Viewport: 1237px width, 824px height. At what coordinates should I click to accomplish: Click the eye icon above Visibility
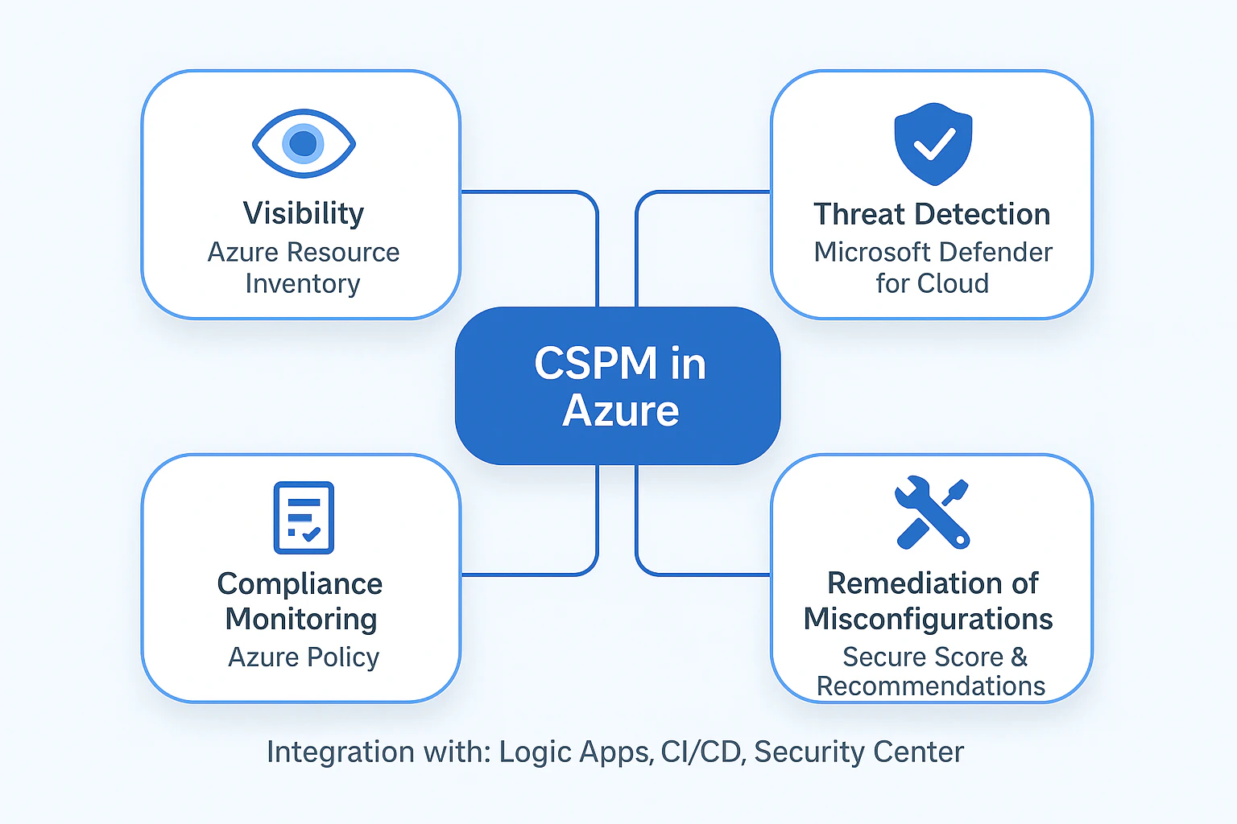pyautogui.click(x=304, y=143)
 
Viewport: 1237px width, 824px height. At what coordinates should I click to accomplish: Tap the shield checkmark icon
pyautogui.click(x=933, y=144)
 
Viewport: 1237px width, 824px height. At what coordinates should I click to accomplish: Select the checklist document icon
pyautogui.click(x=304, y=517)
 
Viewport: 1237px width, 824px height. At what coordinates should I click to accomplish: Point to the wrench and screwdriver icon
pyautogui.click(x=932, y=513)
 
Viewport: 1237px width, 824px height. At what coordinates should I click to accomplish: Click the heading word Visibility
pyautogui.click(x=304, y=213)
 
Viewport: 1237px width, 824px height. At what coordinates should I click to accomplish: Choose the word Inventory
pyautogui.click(x=303, y=284)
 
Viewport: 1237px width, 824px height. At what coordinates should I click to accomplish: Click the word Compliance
pyautogui.click(x=300, y=584)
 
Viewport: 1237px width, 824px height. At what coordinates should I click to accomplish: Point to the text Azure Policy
pyautogui.click(x=304, y=657)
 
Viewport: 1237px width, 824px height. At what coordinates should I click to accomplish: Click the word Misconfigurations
pyautogui.click(x=929, y=620)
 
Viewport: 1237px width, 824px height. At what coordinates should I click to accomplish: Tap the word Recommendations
pyautogui.click(x=931, y=686)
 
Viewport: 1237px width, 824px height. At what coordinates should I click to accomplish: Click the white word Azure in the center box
pyautogui.click(x=621, y=410)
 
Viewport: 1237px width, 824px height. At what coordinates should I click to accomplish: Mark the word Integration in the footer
pyautogui.click(x=341, y=752)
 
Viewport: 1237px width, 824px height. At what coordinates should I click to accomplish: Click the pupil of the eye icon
pyautogui.click(x=303, y=143)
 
